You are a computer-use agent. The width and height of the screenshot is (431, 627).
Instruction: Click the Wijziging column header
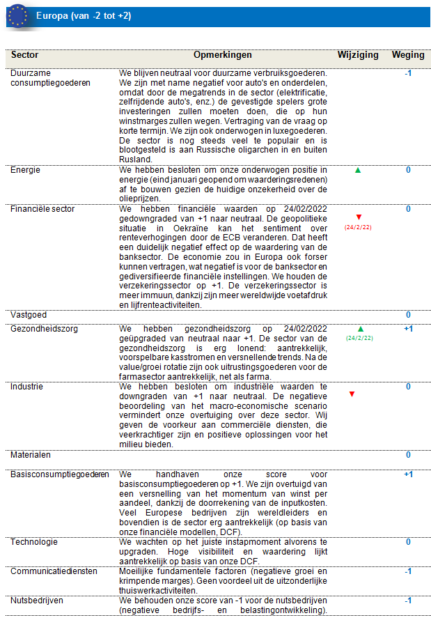coord(358,55)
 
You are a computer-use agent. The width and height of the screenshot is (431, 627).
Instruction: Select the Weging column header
coord(408,55)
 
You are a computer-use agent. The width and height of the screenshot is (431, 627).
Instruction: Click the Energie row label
coord(25,170)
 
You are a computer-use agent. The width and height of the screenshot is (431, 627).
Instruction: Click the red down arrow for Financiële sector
coord(359,217)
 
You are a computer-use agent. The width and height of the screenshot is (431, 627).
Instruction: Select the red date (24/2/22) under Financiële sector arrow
coord(359,227)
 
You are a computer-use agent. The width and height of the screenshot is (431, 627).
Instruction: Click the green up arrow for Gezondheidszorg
coord(359,328)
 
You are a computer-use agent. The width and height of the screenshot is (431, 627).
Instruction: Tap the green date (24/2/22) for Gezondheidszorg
coord(359,338)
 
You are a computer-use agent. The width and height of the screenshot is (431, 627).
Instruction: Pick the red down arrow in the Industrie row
coord(352,394)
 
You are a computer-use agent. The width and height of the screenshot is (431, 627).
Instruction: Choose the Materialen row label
coord(30,455)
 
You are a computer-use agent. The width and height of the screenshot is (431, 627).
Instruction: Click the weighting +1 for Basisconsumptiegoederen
coord(408,474)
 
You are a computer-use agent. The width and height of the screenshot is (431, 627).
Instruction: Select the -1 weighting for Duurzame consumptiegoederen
coord(408,72)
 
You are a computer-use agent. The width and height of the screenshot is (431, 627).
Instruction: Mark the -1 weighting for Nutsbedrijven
coord(408,601)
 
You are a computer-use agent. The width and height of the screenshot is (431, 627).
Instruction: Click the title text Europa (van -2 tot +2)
coord(84,15)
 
